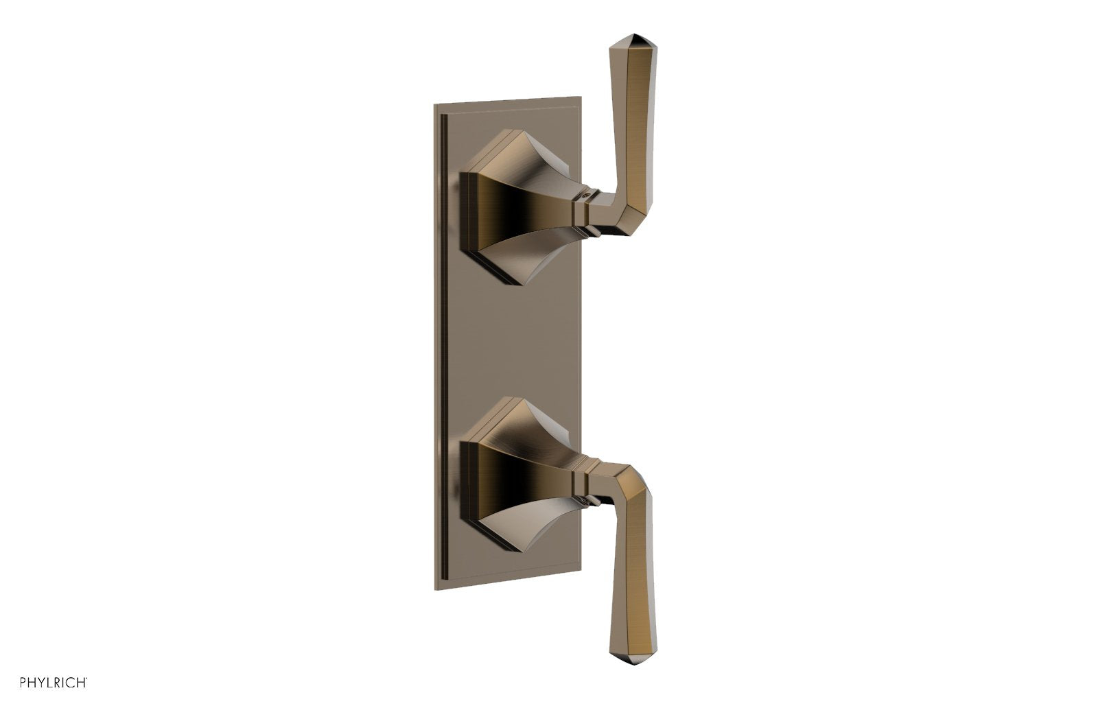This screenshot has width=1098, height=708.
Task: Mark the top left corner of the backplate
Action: click(435, 105)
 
